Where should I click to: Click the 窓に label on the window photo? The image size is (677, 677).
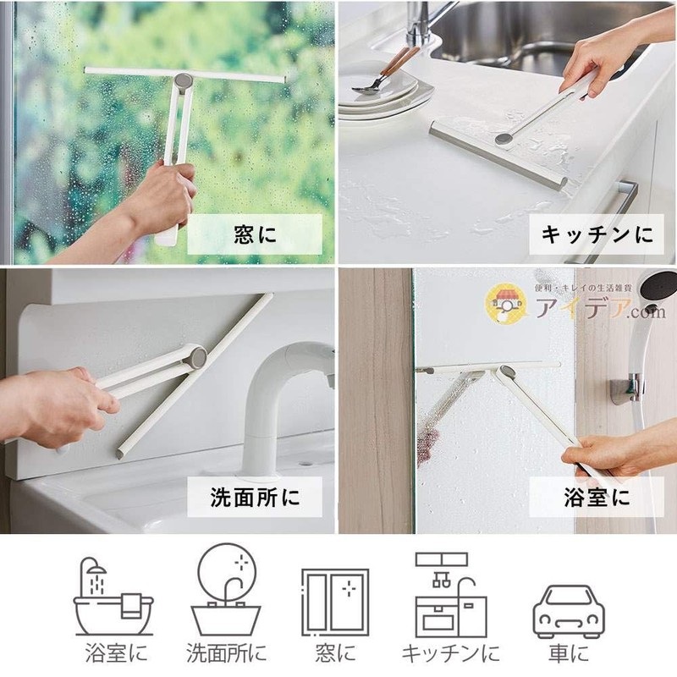(x=255, y=234)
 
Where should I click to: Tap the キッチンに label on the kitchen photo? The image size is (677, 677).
(x=597, y=234)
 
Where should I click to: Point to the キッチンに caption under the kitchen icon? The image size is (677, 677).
(x=449, y=654)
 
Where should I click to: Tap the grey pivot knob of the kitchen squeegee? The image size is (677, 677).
(x=503, y=135)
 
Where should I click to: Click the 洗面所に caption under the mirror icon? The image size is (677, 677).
(x=225, y=654)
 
